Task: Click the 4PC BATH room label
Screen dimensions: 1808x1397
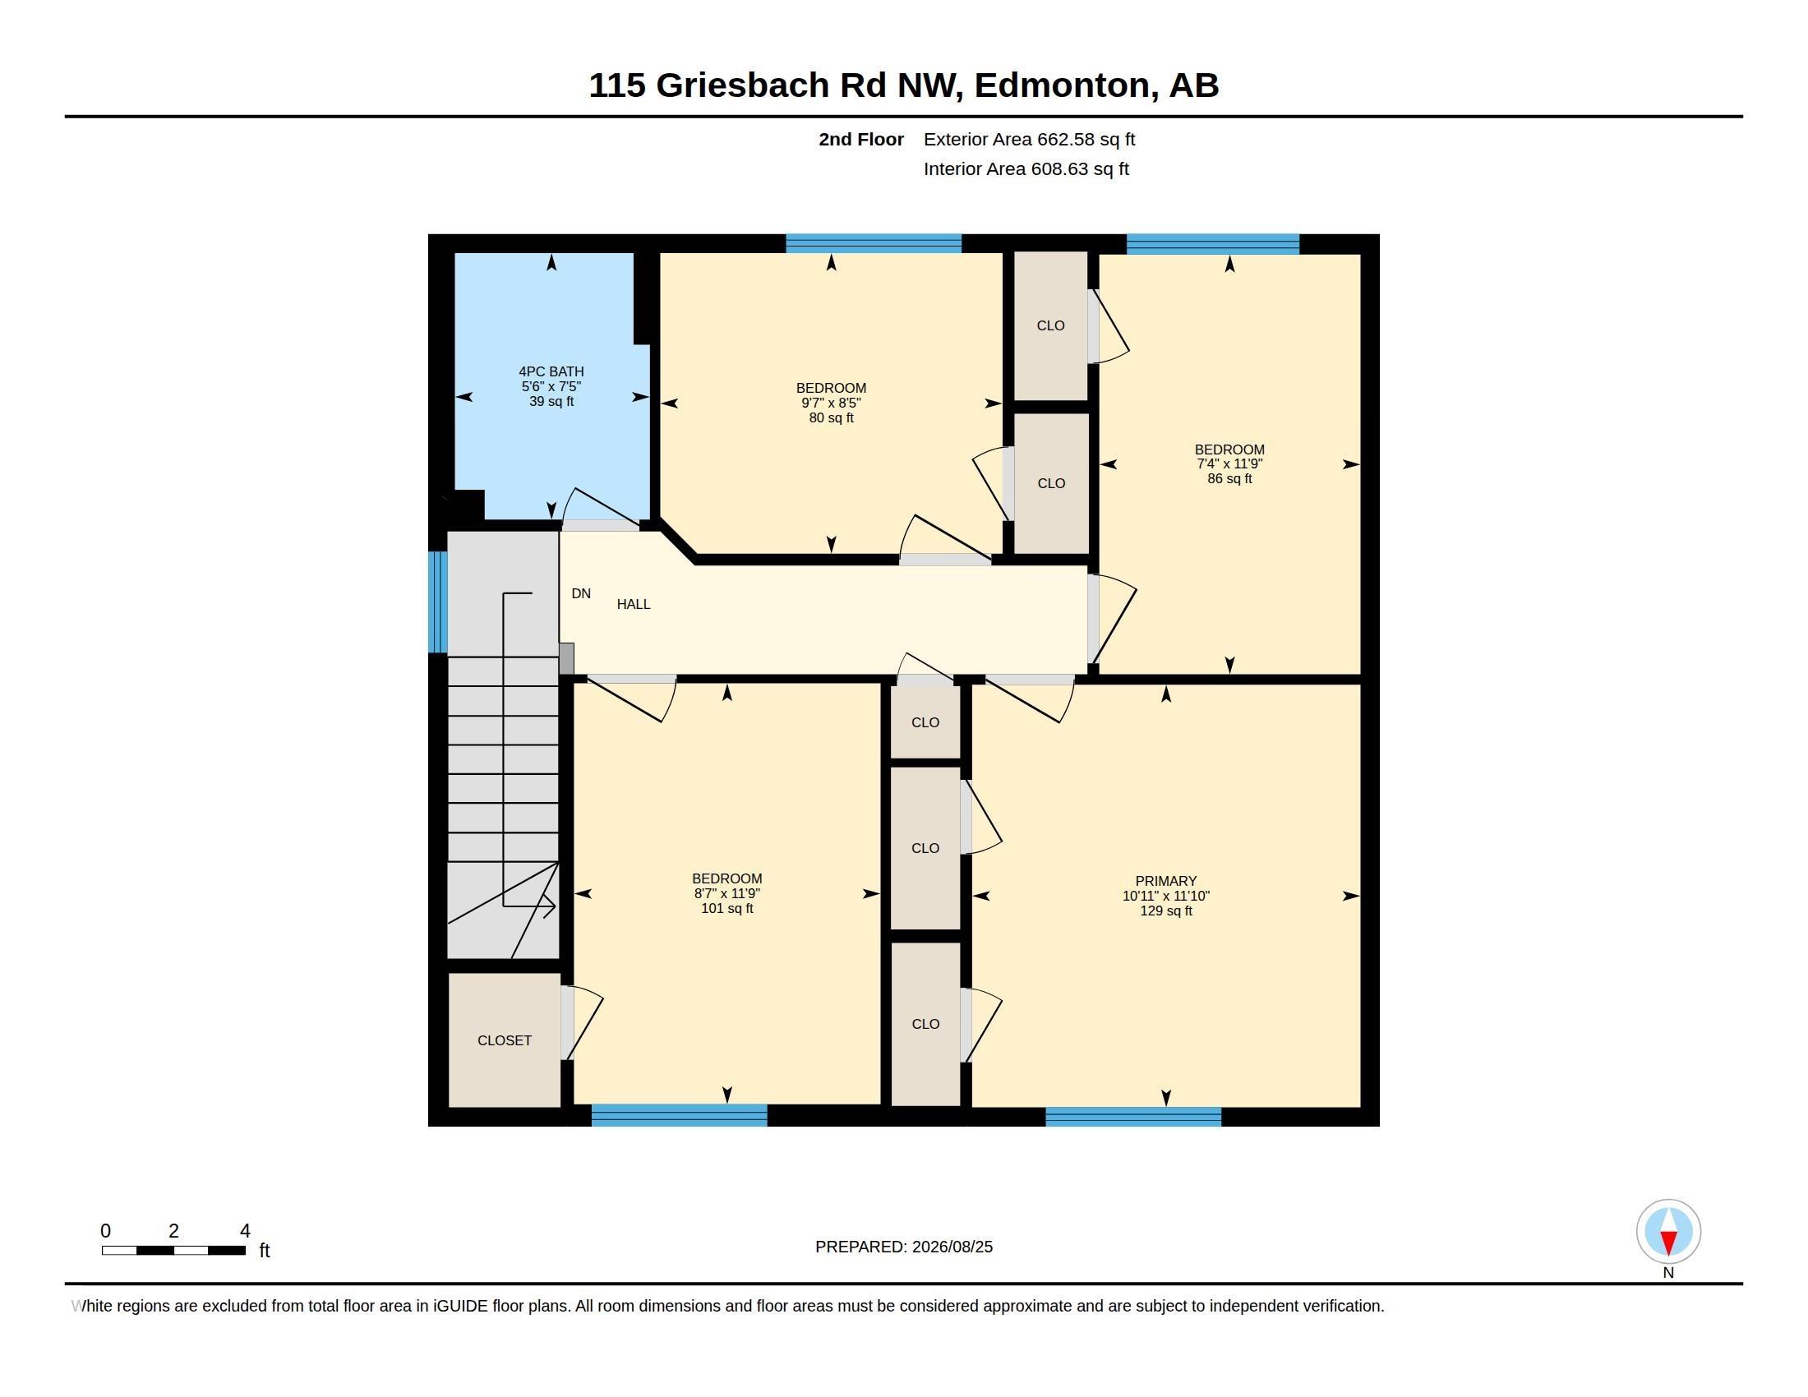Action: pos(551,371)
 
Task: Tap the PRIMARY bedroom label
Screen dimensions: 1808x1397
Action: pos(1165,882)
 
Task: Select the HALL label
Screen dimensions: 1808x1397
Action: pos(634,604)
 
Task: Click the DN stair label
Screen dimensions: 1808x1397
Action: pos(581,593)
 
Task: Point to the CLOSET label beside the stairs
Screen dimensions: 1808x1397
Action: pos(504,1040)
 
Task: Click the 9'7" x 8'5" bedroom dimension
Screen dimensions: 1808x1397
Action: pos(831,403)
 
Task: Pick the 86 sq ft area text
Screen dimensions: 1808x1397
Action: pos(1229,478)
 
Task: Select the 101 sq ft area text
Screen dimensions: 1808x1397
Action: pos(726,908)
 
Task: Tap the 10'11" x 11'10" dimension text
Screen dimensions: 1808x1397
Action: pos(1165,896)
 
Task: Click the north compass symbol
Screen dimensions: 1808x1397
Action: pos(1668,1232)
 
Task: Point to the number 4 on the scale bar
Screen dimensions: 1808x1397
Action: pos(245,1231)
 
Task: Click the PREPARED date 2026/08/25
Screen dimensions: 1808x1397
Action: pos(952,1247)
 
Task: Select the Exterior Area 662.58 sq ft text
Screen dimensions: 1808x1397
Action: pos(1029,139)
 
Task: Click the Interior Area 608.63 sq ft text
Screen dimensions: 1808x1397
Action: pos(1026,168)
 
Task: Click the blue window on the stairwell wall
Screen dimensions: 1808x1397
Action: pos(438,602)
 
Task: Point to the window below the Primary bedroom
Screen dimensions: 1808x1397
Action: pos(1133,1117)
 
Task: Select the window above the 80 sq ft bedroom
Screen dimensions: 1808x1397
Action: pos(874,243)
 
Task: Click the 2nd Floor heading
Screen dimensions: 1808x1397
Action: pos(861,139)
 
